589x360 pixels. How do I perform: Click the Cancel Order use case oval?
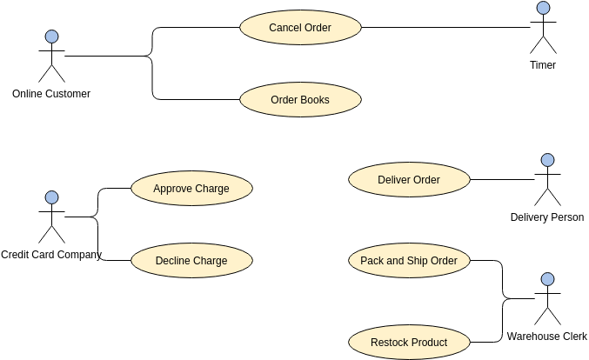tap(300, 27)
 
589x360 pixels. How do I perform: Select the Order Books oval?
tap(300, 100)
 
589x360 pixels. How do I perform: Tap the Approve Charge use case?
tap(191, 188)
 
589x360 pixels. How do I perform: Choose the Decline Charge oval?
tap(191, 260)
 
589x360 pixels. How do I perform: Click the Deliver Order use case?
tap(409, 180)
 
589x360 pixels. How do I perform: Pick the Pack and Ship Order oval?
tap(409, 260)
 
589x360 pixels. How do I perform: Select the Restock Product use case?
tap(409, 342)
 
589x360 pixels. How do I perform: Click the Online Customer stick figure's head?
tap(51, 37)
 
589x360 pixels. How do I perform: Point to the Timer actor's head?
tap(543, 8)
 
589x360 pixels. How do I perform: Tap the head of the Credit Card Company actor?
tap(51, 197)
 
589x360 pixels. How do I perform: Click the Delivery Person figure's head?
tap(547, 160)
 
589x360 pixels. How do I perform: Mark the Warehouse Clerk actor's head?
tap(547, 279)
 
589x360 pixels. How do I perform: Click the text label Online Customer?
tap(51, 94)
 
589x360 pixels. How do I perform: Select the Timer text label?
tap(543, 65)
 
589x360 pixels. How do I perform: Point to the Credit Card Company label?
tap(51, 255)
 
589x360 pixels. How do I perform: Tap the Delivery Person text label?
tap(547, 217)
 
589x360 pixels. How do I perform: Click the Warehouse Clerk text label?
tap(547, 337)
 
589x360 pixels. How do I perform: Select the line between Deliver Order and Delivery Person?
tap(501, 180)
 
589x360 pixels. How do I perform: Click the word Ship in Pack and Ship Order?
tap(420, 260)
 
